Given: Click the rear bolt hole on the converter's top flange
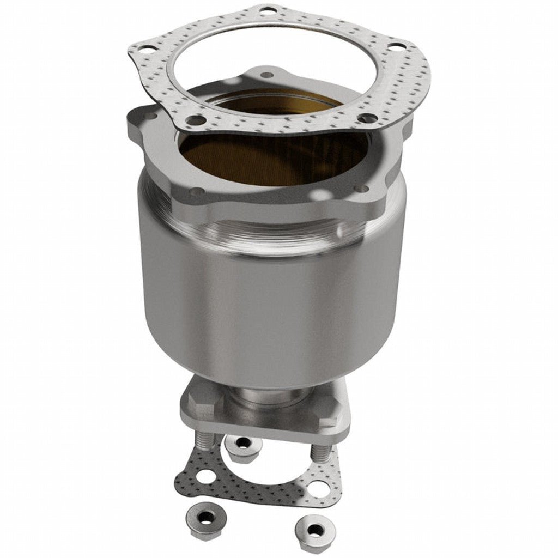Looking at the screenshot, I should click(266, 75).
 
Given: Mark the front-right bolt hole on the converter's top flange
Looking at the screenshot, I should click(362, 189).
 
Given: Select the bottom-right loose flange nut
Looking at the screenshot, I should click(314, 528).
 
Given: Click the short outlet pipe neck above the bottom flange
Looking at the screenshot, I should click(264, 397).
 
